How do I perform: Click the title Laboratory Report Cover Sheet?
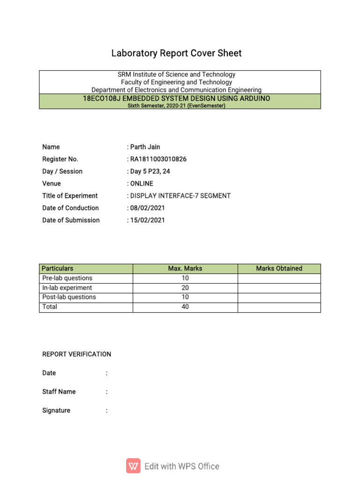click(x=176, y=53)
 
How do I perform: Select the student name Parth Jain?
click(x=145, y=147)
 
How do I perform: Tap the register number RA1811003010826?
click(x=158, y=159)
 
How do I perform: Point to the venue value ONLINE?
click(x=142, y=184)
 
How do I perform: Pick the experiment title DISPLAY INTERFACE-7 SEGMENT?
click(x=180, y=196)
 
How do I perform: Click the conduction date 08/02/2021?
click(x=147, y=208)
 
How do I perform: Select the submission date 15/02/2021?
click(x=147, y=220)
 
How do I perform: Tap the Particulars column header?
click(x=58, y=269)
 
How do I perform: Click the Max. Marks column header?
click(x=185, y=269)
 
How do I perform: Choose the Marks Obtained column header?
click(x=279, y=269)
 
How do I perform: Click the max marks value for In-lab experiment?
click(x=185, y=288)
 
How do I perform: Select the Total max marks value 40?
click(x=185, y=307)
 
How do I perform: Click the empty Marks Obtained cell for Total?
click(x=279, y=307)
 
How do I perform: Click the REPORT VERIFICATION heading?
click(x=77, y=354)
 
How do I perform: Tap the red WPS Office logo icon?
click(x=133, y=466)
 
